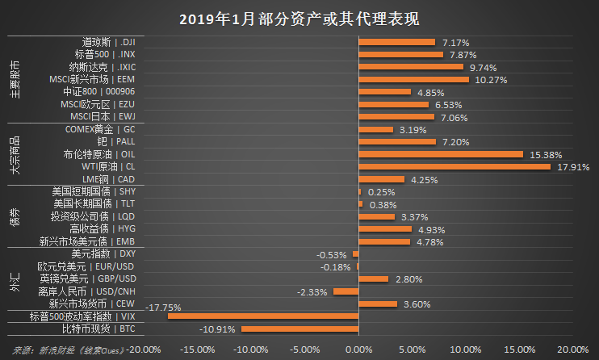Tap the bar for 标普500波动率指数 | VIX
(262, 317)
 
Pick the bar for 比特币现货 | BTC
(299, 329)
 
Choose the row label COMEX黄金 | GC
(99, 129)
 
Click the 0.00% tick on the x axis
(358, 350)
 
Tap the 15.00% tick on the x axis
(517, 350)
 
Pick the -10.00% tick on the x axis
(249, 350)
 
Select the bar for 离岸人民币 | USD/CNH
(345, 291)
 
